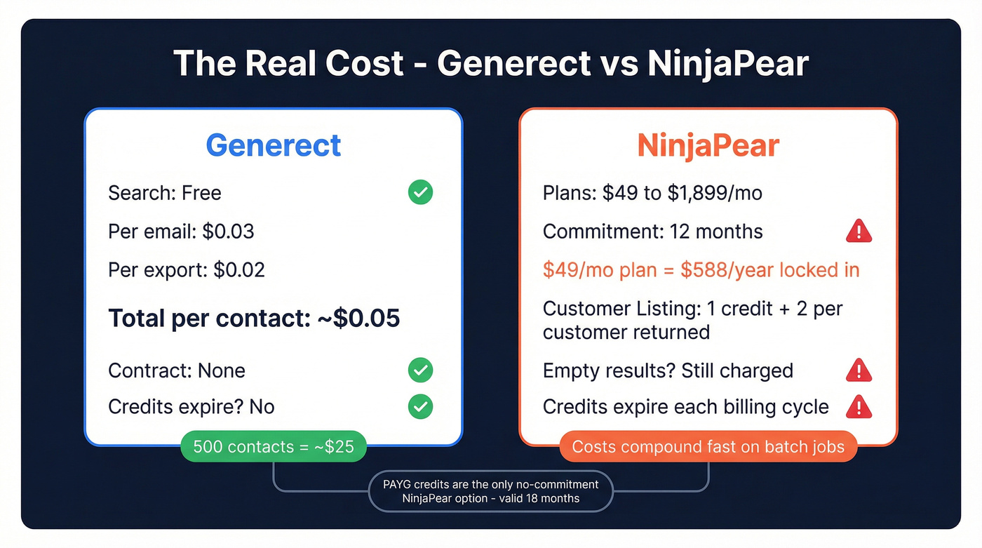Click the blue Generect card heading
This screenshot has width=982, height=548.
click(x=274, y=145)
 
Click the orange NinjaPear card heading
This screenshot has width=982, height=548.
click(x=708, y=145)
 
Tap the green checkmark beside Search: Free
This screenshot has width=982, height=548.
click(x=420, y=192)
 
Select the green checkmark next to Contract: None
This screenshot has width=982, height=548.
click(x=420, y=370)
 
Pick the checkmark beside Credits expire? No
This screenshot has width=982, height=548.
click(x=420, y=407)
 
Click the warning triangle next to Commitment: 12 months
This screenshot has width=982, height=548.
click(x=859, y=231)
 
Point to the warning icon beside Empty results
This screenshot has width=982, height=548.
click(x=859, y=370)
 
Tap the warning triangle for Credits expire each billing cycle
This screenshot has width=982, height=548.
click(x=859, y=407)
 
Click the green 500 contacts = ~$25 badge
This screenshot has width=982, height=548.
click(x=274, y=447)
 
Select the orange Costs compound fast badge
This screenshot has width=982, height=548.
click(x=708, y=447)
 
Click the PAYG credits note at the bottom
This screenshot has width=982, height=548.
click(x=491, y=491)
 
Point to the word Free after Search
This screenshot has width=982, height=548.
click(x=201, y=193)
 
